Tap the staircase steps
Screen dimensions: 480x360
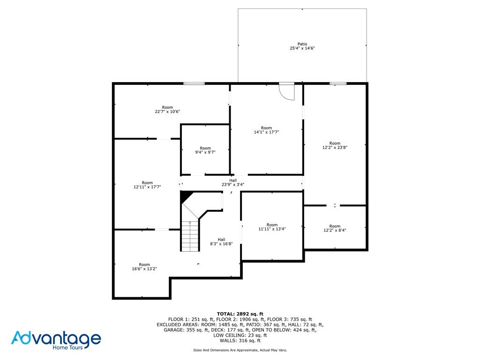(x=190, y=236)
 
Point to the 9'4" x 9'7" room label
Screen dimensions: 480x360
(x=205, y=150)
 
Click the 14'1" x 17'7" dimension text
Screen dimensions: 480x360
(x=266, y=132)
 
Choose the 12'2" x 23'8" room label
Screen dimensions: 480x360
(x=335, y=145)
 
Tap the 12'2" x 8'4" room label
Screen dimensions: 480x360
(x=335, y=228)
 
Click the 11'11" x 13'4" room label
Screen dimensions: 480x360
(x=272, y=226)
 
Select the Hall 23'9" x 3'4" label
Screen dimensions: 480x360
(x=233, y=182)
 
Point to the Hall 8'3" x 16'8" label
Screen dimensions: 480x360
(x=221, y=241)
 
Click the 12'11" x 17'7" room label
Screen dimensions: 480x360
(x=147, y=185)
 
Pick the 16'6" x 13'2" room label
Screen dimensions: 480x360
(x=144, y=267)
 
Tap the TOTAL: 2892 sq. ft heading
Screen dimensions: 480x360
(x=240, y=314)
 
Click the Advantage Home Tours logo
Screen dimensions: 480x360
(x=56, y=340)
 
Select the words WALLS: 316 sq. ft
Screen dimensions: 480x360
(x=240, y=340)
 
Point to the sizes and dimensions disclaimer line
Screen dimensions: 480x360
(x=240, y=350)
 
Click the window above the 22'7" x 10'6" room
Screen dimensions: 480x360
(x=194, y=83)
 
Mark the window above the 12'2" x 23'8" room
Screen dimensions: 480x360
(x=338, y=83)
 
